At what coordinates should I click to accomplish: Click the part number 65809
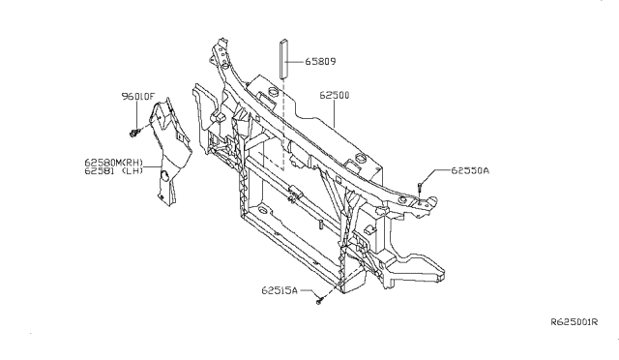pyautogui.click(x=320, y=62)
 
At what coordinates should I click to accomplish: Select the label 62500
pyautogui.click(x=335, y=95)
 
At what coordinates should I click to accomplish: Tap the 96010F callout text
pyautogui.click(x=137, y=96)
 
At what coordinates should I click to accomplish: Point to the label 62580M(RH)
pyautogui.click(x=114, y=163)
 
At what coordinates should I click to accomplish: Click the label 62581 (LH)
pyautogui.click(x=114, y=170)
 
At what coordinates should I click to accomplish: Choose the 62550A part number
pyautogui.click(x=470, y=170)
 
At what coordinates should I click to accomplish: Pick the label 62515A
pyautogui.click(x=280, y=290)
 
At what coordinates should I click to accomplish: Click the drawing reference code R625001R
pyautogui.click(x=575, y=322)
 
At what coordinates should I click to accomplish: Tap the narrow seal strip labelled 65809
pyautogui.click(x=283, y=58)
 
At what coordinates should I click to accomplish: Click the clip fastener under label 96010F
pyautogui.click(x=134, y=134)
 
